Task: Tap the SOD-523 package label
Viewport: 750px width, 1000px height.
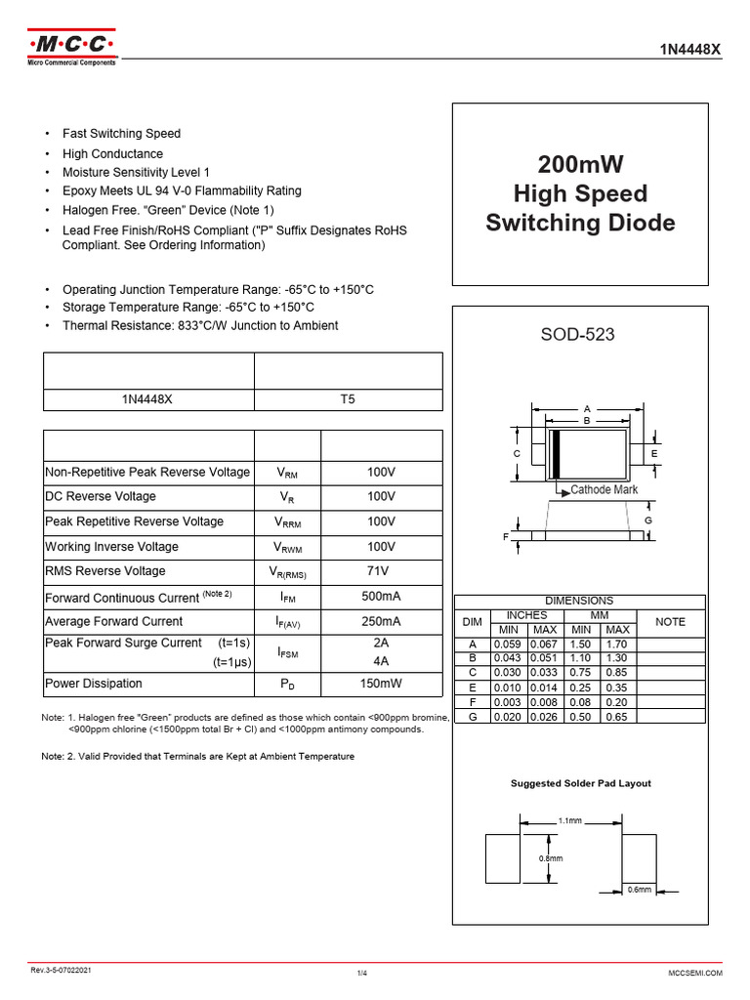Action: click(x=579, y=335)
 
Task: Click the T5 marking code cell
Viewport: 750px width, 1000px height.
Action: click(x=348, y=399)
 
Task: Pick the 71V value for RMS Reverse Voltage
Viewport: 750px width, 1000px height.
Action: click(x=381, y=571)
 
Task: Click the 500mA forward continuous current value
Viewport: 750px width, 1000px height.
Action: click(x=381, y=597)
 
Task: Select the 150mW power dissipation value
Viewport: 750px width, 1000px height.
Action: click(x=381, y=684)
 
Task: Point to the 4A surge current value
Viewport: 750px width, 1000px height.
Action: click(x=381, y=661)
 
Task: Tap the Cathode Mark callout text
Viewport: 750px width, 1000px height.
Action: click(x=604, y=490)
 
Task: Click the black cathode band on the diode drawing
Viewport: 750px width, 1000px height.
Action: click(x=555, y=453)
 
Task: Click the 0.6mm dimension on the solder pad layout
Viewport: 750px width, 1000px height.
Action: click(x=639, y=889)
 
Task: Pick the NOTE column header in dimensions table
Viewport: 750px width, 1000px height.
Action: click(x=670, y=622)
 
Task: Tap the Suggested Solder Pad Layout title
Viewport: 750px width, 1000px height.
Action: click(x=581, y=783)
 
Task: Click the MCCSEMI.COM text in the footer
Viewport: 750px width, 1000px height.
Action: click(x=694, y=974)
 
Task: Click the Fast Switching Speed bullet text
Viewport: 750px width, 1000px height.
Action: click(x=121, y=134)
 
